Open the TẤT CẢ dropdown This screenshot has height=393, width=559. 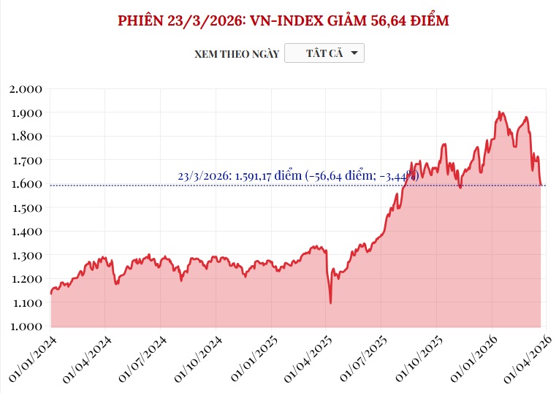[324, 53]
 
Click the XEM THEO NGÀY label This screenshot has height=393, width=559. [237, 54]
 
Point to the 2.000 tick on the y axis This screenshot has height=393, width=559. [26, 89]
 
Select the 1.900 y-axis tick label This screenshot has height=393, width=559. [26, 113]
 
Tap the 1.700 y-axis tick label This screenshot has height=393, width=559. [26, 160]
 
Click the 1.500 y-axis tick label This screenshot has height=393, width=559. [26, 207]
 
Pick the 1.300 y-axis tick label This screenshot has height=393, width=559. [26, 255]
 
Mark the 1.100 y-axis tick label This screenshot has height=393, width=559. [26, 302]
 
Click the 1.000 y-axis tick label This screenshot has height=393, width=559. [26, 326]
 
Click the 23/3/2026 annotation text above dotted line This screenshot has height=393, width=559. [297, 175]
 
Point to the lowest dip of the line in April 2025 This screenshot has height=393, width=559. [330, 302]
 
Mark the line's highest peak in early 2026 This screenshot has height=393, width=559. [499, 112]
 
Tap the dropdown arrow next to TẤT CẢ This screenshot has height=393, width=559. [354, 53]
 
